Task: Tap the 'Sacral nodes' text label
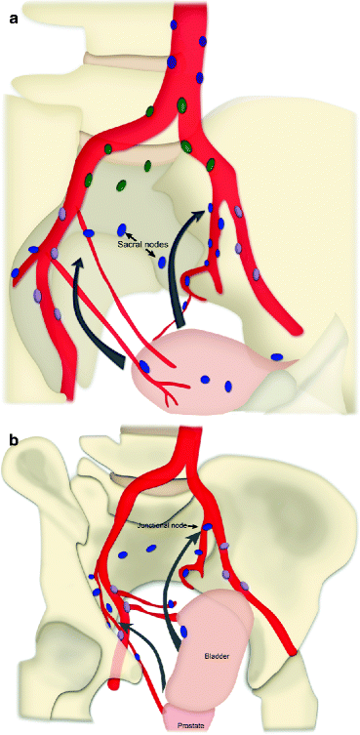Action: point(145,241)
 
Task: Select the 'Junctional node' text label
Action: point(164,525)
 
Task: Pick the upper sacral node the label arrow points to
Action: point(123,225)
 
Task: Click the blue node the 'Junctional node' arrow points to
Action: point(206,528)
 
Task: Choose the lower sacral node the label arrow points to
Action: point(163,263)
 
